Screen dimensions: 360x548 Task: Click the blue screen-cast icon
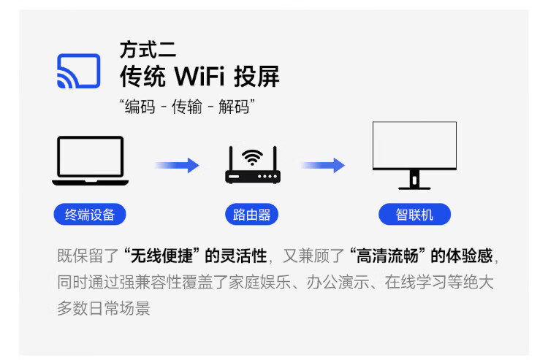[78, 70]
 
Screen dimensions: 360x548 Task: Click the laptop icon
[90, 161]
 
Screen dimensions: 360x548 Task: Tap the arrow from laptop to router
[177, 165]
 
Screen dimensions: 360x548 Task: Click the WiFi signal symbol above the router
[252, 157]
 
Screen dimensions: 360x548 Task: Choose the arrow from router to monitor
[322, 165]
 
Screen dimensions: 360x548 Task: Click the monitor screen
[414, 145]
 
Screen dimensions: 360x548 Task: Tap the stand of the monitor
[414, 179]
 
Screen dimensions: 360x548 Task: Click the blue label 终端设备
[90, 215]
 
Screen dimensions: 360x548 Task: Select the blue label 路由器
[252, 215]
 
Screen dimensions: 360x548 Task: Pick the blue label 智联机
[414, 215]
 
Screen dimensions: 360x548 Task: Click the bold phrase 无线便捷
[161, 256]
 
